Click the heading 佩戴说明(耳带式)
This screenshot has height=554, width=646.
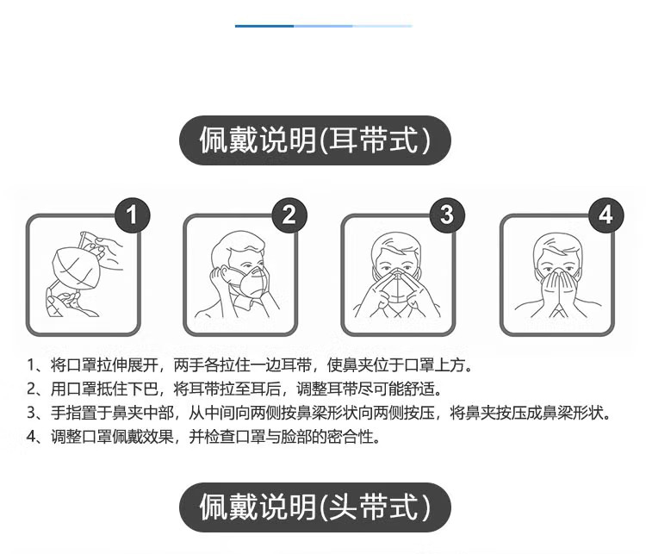[x=314, y=140]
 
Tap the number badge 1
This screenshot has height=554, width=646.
[x=131, y=215]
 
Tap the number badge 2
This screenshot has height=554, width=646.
[x=289, y=215]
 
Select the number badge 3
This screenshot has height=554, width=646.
[x=446, y=215]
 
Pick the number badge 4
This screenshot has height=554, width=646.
[x=606, y=215]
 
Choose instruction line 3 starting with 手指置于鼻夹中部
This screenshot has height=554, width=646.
[x=319, y=413]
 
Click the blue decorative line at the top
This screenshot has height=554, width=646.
[x=322, y=26]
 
